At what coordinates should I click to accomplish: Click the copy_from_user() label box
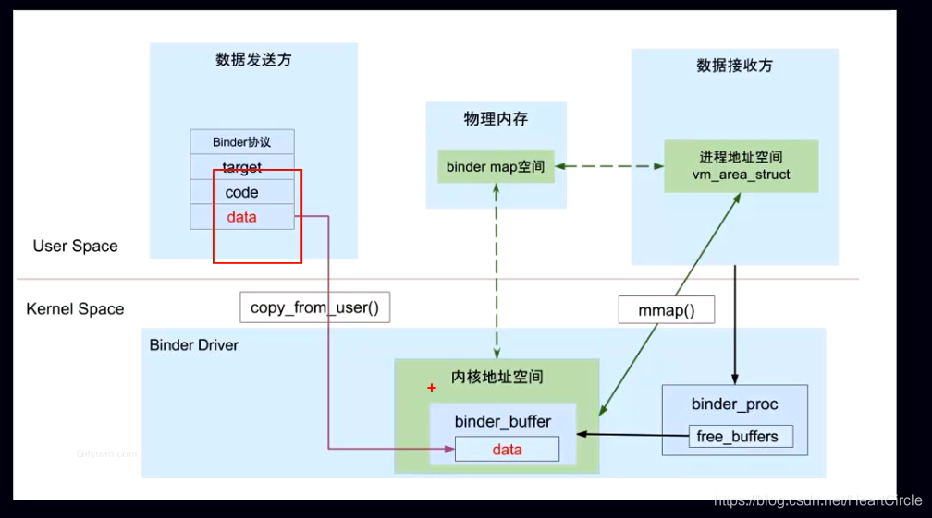314,308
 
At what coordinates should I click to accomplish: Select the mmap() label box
667,310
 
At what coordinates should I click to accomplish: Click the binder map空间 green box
496,167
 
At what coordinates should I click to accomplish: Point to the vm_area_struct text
741,175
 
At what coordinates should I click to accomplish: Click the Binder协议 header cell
242,142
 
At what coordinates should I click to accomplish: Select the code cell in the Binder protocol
242,192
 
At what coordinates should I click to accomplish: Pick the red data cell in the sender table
242,217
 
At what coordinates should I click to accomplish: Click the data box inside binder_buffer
507,450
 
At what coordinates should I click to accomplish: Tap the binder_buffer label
503,422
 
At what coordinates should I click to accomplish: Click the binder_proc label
735,404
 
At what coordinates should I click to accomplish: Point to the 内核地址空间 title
497,377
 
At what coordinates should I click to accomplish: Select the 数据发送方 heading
253,60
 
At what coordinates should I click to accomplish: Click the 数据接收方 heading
734,66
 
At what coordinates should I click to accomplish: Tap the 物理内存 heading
496,119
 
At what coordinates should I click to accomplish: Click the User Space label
76,247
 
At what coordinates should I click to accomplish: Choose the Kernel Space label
75,309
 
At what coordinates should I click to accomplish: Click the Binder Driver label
194,345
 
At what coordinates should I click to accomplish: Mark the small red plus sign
431,389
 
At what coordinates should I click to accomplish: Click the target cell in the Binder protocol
242,167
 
